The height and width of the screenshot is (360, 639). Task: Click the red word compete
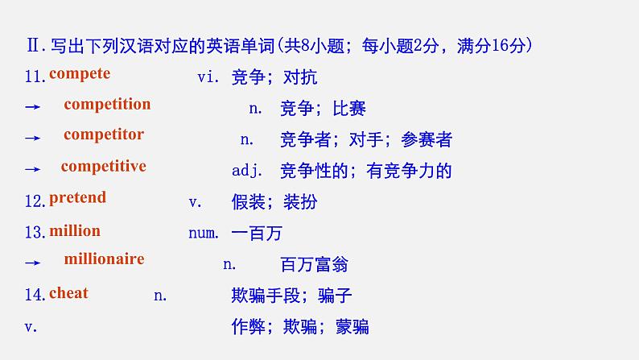(80, 74)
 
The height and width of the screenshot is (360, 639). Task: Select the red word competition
(107, 105)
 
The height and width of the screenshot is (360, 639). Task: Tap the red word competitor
(104, 134)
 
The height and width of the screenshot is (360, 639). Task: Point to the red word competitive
(103, 167)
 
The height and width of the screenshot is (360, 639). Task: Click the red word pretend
(77, 197)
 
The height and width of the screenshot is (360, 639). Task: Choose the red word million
(75, 231)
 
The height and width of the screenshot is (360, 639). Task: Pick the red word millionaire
(104, 259)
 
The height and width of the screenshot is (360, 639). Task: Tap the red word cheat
(68, 293)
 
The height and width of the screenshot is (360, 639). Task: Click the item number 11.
(35, 77)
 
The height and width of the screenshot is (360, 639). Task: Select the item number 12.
(35, 202)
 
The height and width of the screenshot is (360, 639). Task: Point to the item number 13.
(35, 233)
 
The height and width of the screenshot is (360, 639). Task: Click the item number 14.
(35, 296)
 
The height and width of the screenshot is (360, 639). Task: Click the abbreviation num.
(204, 234)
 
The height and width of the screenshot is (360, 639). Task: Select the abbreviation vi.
(208, 77)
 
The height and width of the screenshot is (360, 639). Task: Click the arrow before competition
(32, 108)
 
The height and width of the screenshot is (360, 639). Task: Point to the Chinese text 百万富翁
(314, 264)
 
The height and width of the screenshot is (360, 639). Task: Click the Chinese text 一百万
(257, 234)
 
